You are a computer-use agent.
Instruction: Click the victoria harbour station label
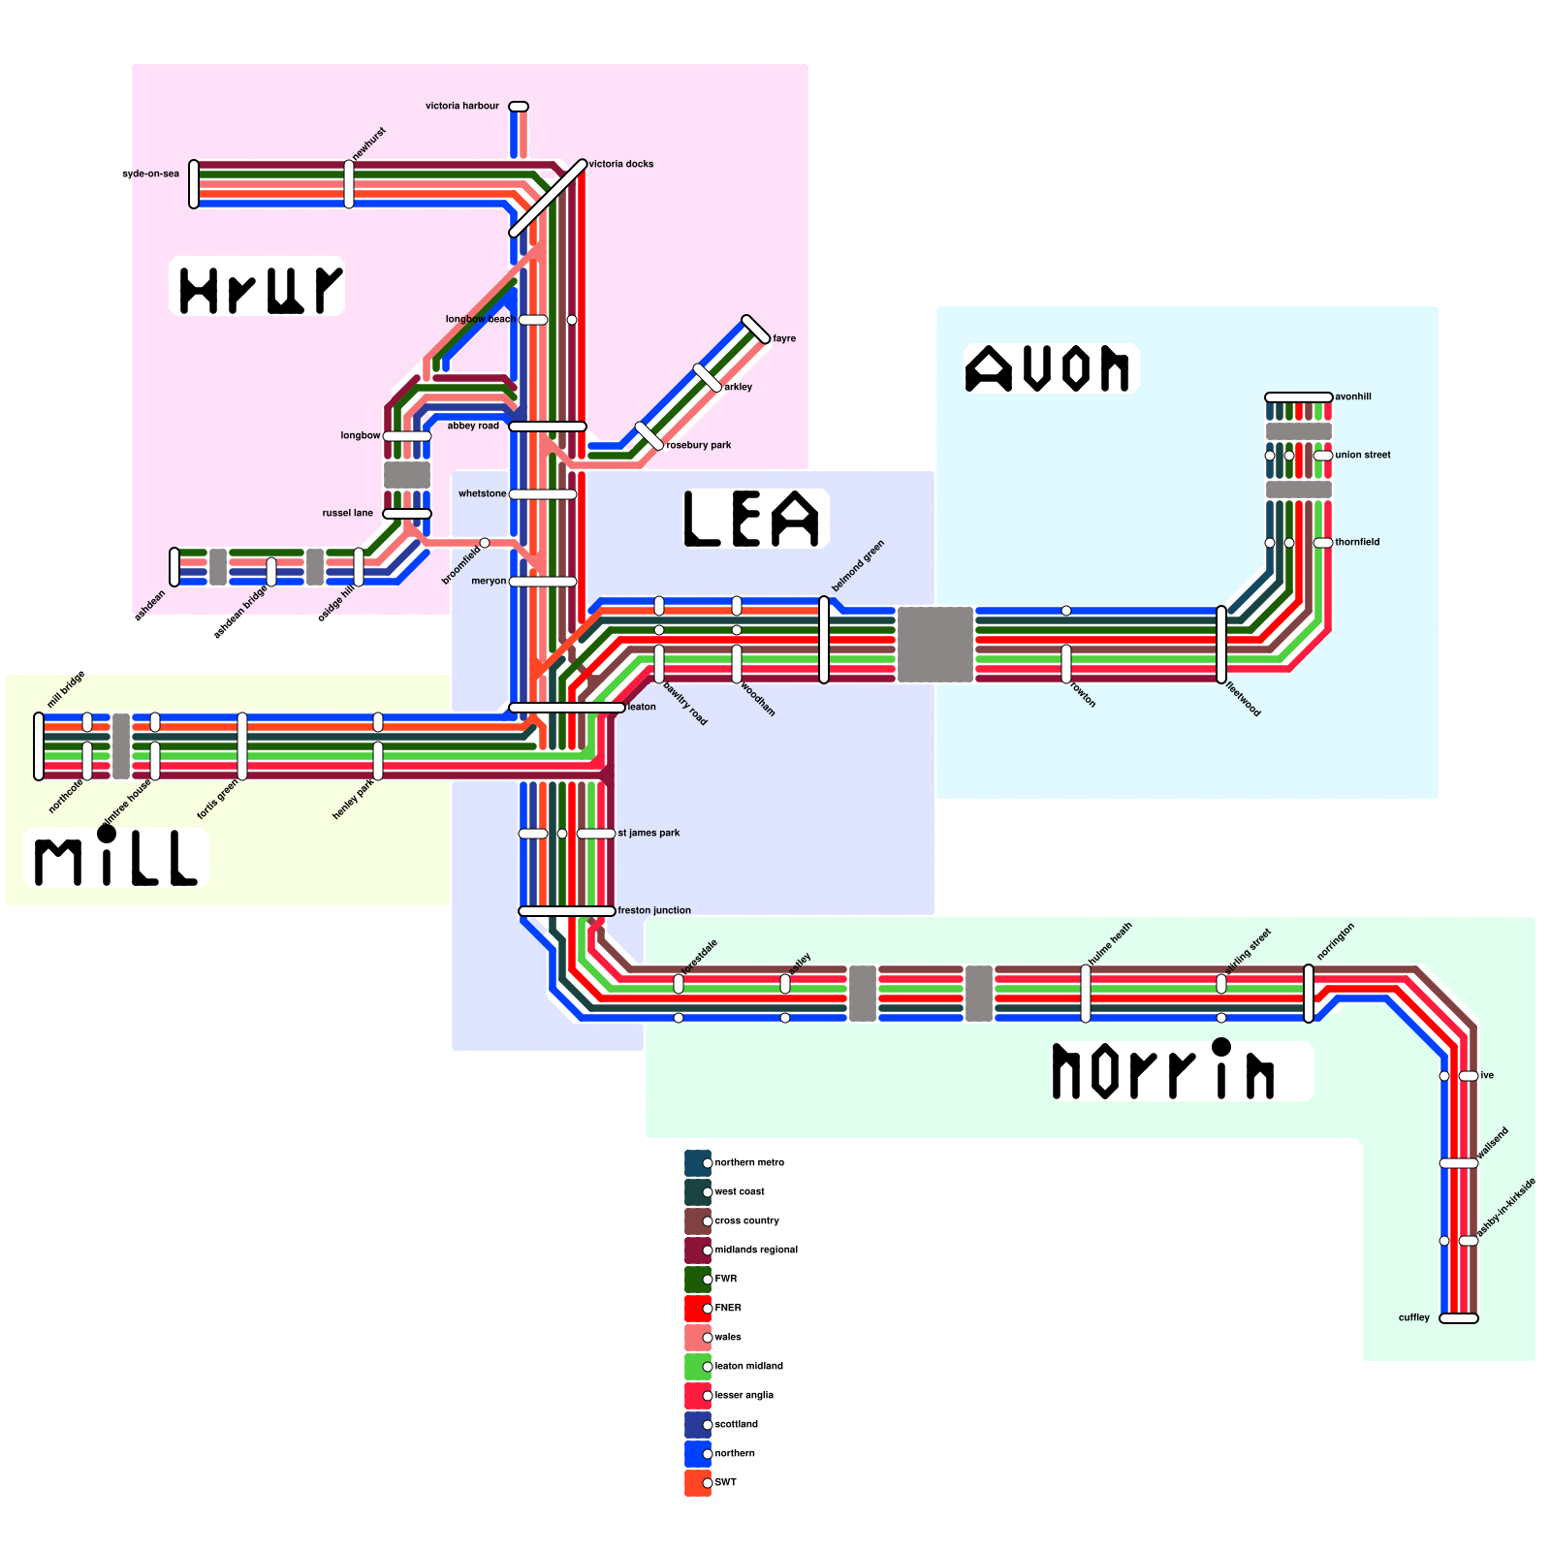(x=462, y=106)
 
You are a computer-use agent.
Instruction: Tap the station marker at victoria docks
(x=548, y=199)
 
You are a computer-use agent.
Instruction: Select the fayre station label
(x=784, y=338)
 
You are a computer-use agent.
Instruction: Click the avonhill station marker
(x=1298, y=397)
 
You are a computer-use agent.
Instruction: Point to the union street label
(x=1363, y=455)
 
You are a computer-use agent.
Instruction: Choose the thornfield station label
(x=1357, y=542)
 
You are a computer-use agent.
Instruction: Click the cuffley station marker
(x=1458, y=1318)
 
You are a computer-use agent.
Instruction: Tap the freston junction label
(x=654, y=910)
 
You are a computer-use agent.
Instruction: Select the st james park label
(x=649, y=833)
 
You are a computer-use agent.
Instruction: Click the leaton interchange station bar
(x=567, y=708)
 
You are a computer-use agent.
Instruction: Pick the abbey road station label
(x=473, y=426)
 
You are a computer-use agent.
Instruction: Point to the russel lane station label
(x=348, y=513)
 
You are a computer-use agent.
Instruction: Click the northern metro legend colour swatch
(x=698, y=1163)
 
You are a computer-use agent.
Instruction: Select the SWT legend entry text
(x=725, y=1482)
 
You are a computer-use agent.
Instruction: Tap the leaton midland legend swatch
(x=698, y=1367)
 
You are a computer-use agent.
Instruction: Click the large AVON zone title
(x=1048, y=368)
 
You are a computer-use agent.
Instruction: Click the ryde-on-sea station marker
(x=194, y=184)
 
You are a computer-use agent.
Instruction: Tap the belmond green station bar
(x=824, y=640)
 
